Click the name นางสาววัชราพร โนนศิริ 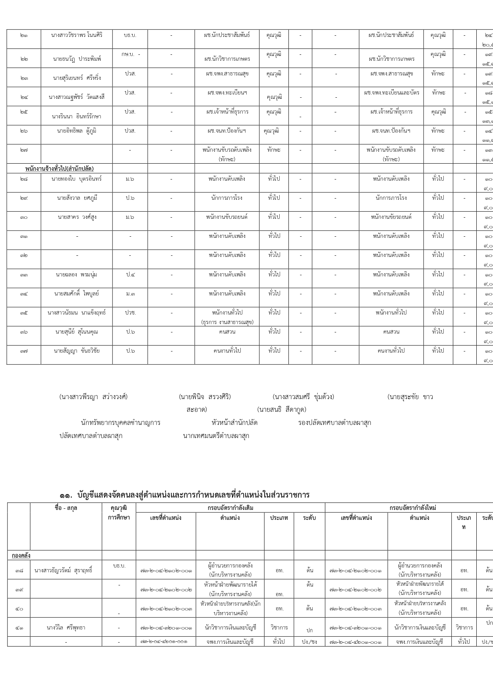click(x=77, y=35)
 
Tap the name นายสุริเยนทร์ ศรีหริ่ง click(x=77, y=78)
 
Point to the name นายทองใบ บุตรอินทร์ click(x=77, y=179)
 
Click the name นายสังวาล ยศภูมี click(x=77, y=198)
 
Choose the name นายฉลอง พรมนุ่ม click(x=77, y=274)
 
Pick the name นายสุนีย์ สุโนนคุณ click(x=77, y=332)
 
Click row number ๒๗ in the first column click(x=23, y=150)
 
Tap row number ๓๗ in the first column click(x=23, y=351)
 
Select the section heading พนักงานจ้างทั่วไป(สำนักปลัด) click(x=60, y=169)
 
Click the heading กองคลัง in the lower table click(x=21, y=555)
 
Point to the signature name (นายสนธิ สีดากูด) click(x=281, y=409)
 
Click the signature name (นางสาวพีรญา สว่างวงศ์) click(x=93, y=397)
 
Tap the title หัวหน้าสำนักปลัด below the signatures click(x=234, y=423)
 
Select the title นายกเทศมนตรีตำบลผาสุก click(x=216, y=436)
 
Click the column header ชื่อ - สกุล click(x=66, y=508)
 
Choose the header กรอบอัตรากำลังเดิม click(x=230, y=508)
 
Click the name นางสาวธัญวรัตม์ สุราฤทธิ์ click(x=64, y=570)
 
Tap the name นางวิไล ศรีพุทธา click(x=66, y=627)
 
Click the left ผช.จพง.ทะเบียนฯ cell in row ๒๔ click(x=227, y=93)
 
